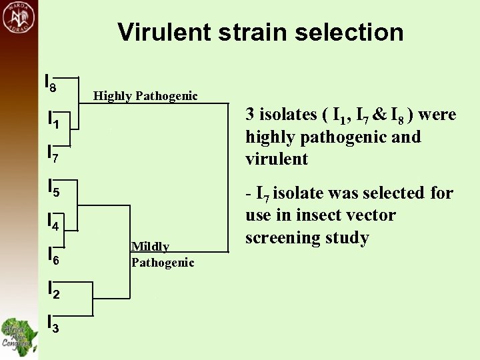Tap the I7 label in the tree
[53, 155]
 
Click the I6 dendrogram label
[53, 256]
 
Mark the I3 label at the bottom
[53, 324]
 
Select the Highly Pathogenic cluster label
[145, 96]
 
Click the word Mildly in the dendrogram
[150, 247]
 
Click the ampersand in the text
[379, 115]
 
